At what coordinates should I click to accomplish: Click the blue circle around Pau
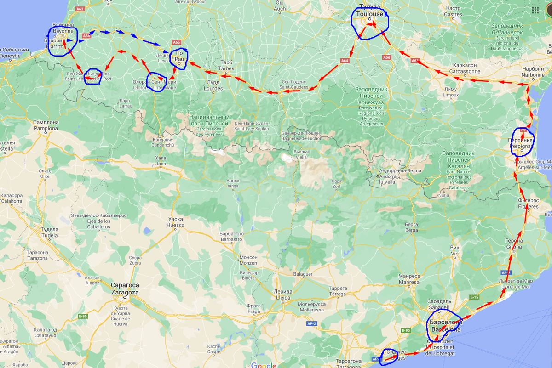(x=178, y=59)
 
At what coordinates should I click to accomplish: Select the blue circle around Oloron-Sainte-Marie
(x=156, y=82)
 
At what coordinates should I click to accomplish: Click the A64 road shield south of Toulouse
(x=345, y=60)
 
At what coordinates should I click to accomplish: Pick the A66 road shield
(x=386, y=57)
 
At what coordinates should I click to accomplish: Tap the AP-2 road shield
(x=311, y=323)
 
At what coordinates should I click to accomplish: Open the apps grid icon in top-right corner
(x=535, y=10)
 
